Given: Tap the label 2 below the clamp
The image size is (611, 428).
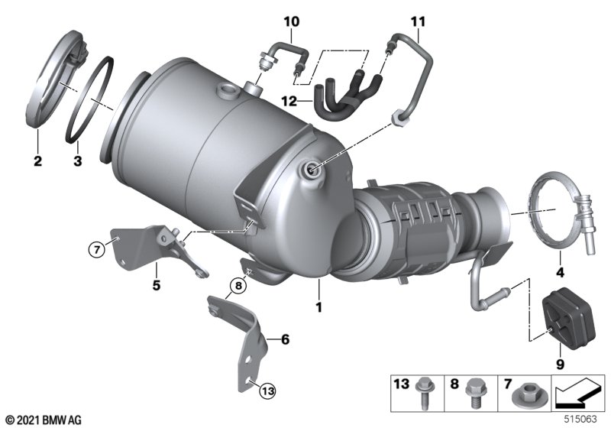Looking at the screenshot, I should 37,161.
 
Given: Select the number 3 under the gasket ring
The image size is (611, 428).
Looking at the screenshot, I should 77,161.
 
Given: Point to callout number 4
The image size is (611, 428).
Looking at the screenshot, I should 560,273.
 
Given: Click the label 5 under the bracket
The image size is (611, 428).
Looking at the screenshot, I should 157,287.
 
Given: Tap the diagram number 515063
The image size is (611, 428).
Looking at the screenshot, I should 583,419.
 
